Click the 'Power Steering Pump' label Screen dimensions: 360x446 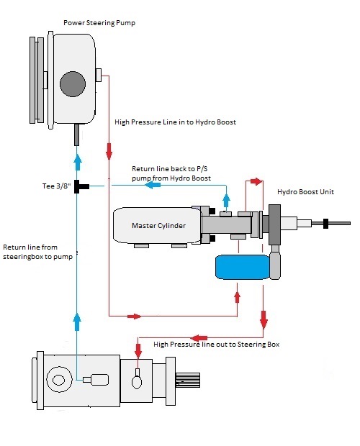point(99,23)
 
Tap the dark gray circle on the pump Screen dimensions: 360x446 point(73,84)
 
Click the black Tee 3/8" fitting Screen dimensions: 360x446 point(81,186)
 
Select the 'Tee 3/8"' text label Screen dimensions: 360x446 point(56,186)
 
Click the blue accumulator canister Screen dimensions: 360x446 point(243,267)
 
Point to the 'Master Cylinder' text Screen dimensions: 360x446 point(158,226)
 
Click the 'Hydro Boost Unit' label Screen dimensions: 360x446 point(305,192)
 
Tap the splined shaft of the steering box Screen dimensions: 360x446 point(187,380)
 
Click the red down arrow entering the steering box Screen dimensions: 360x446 point(138,350)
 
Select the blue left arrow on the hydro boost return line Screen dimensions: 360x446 point(153,185)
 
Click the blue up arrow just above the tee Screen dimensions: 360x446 point(77,163)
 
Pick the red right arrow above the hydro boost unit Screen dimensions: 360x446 point(256,181)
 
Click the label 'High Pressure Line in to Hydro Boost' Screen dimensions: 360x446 point(175,122)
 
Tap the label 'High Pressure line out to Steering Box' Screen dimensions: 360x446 point(216,345)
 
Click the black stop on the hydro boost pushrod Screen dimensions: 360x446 point(326,223)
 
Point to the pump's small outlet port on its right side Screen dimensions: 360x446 point(99,75)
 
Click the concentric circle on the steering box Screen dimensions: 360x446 point(59,380)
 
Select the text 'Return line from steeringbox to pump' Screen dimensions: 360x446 point(38,252)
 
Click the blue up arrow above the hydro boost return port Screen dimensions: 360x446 point(226,201)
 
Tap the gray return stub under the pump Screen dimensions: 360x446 point(76,135)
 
